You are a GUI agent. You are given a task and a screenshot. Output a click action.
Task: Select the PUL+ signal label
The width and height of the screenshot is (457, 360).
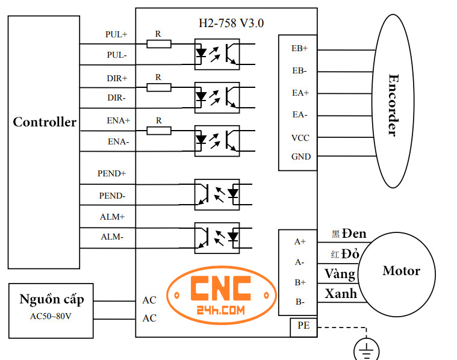click(x=116, y=34)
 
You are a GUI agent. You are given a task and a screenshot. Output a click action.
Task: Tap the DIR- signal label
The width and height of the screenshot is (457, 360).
click(x=117, y=97)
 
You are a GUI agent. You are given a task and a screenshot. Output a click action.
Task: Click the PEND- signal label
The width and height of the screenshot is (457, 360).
click(x=112, y=196)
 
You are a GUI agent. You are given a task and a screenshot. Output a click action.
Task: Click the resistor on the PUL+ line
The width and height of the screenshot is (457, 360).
click(x=159, y=44)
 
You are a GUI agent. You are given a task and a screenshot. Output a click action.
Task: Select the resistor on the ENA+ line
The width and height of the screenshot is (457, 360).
click(x=159, y=130)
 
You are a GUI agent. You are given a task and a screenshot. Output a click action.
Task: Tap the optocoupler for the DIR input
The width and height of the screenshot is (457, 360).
click(x=217, y=97)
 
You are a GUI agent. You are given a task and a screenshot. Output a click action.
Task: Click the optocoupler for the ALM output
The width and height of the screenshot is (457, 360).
click(x=217, y=237)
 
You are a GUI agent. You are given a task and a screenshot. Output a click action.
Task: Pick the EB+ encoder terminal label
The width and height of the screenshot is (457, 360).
click(x=300, y=48)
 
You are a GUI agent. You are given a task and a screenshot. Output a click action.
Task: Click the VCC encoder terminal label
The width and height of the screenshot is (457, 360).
click(x=300, y=138)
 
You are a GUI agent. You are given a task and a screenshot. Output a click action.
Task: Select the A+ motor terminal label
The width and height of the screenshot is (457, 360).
click(x=300, y=241)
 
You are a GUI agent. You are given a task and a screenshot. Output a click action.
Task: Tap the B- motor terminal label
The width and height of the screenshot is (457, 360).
click(x=299, y=302)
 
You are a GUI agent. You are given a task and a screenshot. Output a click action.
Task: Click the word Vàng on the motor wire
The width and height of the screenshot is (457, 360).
click(x=340, y=274)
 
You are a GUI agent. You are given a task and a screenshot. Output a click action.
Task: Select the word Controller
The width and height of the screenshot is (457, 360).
click(x=45, y=122)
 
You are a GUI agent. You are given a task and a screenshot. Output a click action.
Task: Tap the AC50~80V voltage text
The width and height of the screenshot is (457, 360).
click(x=51, y=316)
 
